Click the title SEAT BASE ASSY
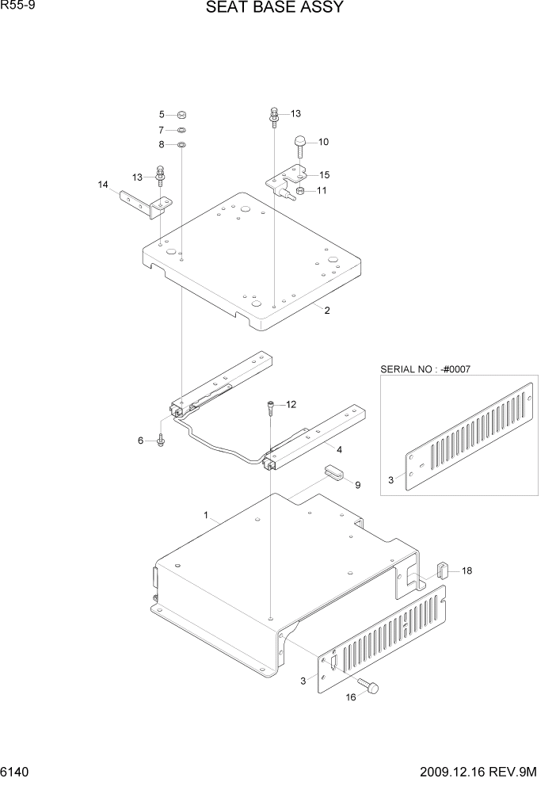[274, 9]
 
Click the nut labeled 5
[181, 114]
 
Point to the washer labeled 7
[181, 129]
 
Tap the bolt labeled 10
[301, 144]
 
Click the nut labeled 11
[300, 191]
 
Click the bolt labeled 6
[161, 440]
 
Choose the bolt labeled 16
[370, 686]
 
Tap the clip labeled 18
[444, 570]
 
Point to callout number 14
[103, 185]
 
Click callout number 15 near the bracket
[325, 174]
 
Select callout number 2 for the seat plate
[326, 311]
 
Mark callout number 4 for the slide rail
[339, 449]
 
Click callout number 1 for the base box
[206, 515]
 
